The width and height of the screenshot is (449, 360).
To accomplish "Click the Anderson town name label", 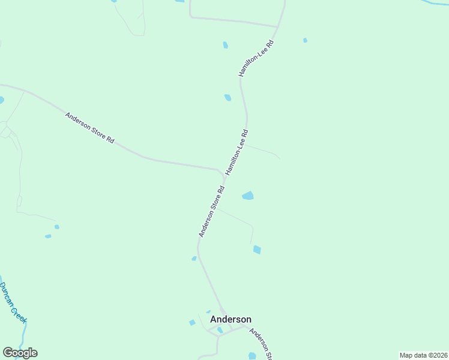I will [231, 320].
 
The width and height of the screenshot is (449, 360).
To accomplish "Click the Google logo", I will [20, 353].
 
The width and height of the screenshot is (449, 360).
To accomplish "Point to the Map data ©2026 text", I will [423, 355].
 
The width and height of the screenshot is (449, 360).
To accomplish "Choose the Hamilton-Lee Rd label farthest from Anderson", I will [256, 58].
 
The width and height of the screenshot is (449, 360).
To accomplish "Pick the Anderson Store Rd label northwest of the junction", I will [90, 128].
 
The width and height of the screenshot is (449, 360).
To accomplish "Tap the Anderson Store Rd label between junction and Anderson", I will [211, 211].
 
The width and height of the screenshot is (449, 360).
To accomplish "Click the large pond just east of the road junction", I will [247, 196].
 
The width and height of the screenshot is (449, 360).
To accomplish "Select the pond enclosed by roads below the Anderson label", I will [220, 330].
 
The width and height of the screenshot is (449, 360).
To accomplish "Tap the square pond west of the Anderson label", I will [192, 323].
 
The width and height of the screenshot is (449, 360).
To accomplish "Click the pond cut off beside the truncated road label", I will [252, 356].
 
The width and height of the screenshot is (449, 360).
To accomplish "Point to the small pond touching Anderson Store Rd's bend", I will [194, 259].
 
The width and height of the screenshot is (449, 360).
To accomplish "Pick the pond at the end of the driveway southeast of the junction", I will [257, 250].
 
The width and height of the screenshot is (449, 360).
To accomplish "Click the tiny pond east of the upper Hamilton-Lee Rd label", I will [305, 40].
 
